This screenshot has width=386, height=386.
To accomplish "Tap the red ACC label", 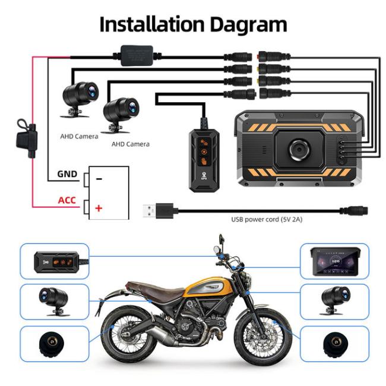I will pyautogui.click(x=67, y=200).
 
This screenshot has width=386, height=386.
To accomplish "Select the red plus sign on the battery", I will pyautogui.click(x=99, y=208).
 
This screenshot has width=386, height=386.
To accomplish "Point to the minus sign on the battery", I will pyautogui.click(x=99, y=178).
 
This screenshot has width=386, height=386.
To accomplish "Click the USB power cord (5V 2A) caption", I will pyautogui.click(x=267, y=220).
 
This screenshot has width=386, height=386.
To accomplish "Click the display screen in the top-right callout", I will pyautogui.click(x=336, y=262).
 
